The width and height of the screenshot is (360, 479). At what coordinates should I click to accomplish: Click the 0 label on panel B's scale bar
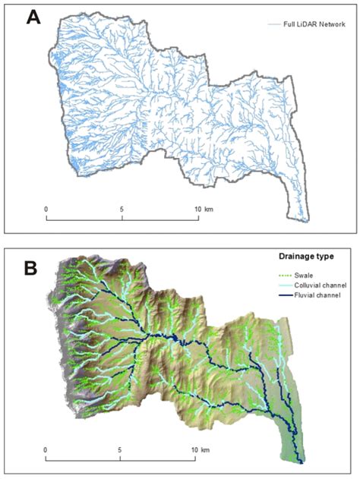tap(46, 450)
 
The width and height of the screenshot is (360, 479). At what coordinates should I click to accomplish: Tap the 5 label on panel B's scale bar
tap(121, 450)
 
